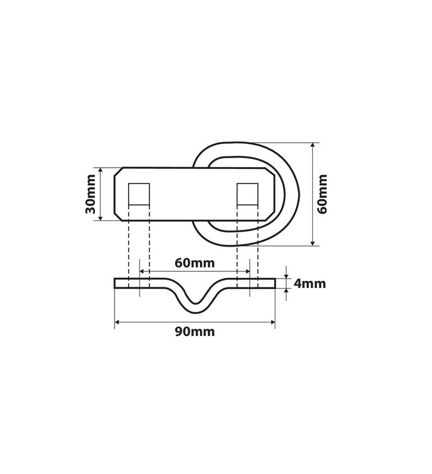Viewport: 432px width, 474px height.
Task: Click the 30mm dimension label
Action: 90,194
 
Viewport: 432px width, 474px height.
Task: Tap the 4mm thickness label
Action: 310,283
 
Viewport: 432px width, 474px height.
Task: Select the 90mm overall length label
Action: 195,332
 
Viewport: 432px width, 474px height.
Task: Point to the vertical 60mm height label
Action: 323,194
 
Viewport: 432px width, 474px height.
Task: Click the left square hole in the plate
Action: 139,194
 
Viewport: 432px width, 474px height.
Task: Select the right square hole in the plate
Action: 247,194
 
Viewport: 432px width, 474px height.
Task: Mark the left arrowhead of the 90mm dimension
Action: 117,322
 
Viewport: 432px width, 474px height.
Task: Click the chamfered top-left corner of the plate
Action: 119,171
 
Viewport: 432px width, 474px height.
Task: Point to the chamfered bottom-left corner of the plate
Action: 119,216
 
